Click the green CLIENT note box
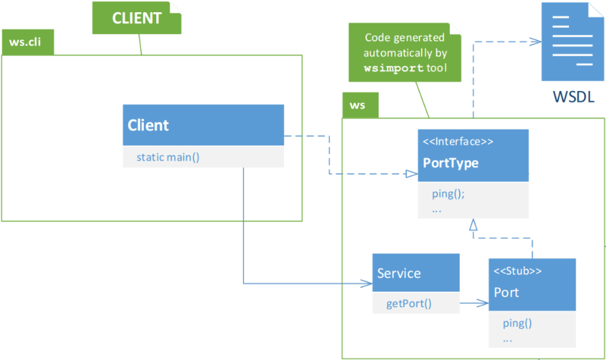[x=136, y=17]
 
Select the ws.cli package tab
[x=28, y=42]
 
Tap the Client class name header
[x=203, y=125]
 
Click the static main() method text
[x=168, y=158]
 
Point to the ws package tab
[x=361, y=105]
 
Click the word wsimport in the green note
[x=394, y=68]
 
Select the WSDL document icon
[x=573, y=42]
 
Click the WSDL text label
[x=573, y=97]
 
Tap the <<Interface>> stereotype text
[x=458, y=142]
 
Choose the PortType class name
[x=451, y=163]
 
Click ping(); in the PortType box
[x=448, y=194]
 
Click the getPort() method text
[x=409, y=304]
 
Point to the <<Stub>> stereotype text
[x=517, y=271]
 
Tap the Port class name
[x=506, y=293]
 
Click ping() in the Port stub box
[x=517, y=323]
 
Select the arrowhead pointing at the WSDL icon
[x=536, y=42]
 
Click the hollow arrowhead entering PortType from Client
[x=412, y=174]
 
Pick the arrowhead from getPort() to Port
[x=483, y=302]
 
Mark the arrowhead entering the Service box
[x=367, y=283]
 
